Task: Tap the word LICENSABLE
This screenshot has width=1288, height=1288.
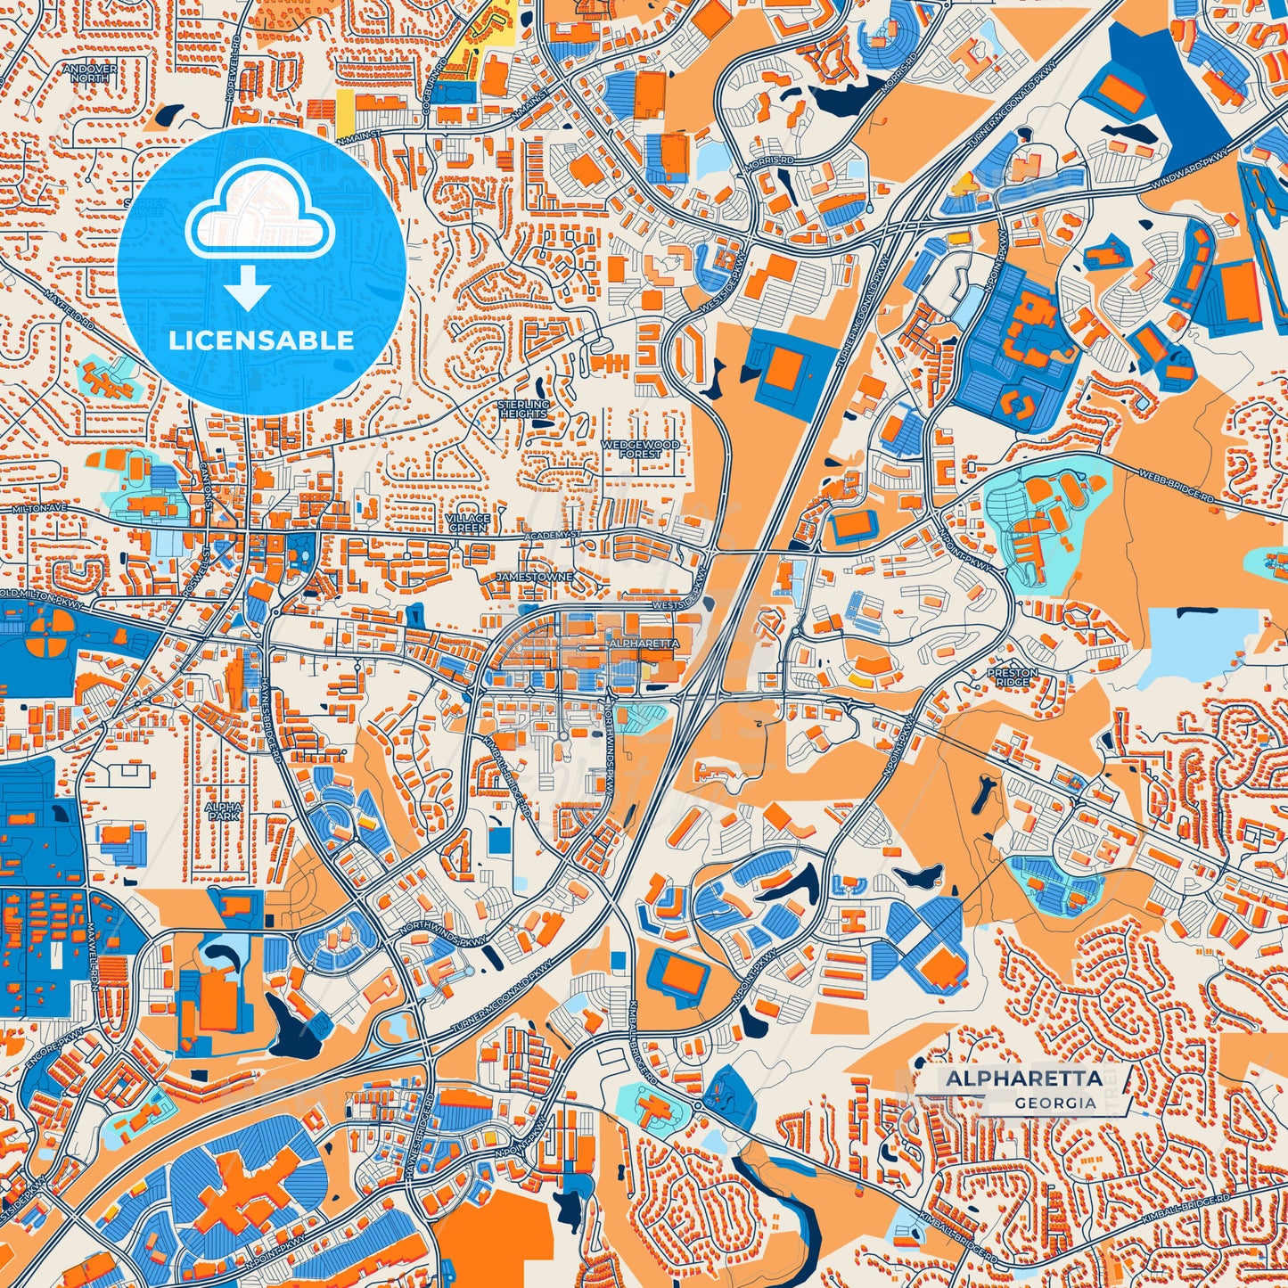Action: pyautogui.click(x=261, y=340)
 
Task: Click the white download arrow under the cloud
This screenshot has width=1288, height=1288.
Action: pyautogui.click(x=247, y=290)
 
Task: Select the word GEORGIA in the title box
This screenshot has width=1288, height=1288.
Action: pyautogui.click(x=1054, y=1103)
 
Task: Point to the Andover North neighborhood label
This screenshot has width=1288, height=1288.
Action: pyautogui.click(x=90, y=73)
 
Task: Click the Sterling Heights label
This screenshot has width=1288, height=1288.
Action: pyautogui.click(x=523, y=409)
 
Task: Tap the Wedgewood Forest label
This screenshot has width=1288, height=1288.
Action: pyautogui.click(x=640, y=448)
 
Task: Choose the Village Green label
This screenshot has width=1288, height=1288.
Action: pyautogui.click(x=468, y=522)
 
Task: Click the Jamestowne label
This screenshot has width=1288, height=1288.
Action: pyautogui.click(x=535, y=578)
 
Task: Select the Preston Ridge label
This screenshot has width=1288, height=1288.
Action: pyautogui.click(x=1012, y=677)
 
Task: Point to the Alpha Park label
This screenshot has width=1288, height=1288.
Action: pyautogui.click(x=223, y=810)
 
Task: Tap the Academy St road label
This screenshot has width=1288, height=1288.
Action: pyautogui.click(x=552, y=536)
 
